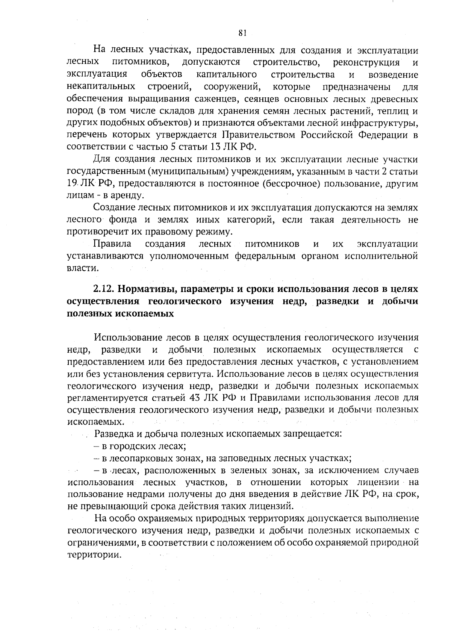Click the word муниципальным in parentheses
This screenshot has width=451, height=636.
pyautogui.click(x=188, y=171)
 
